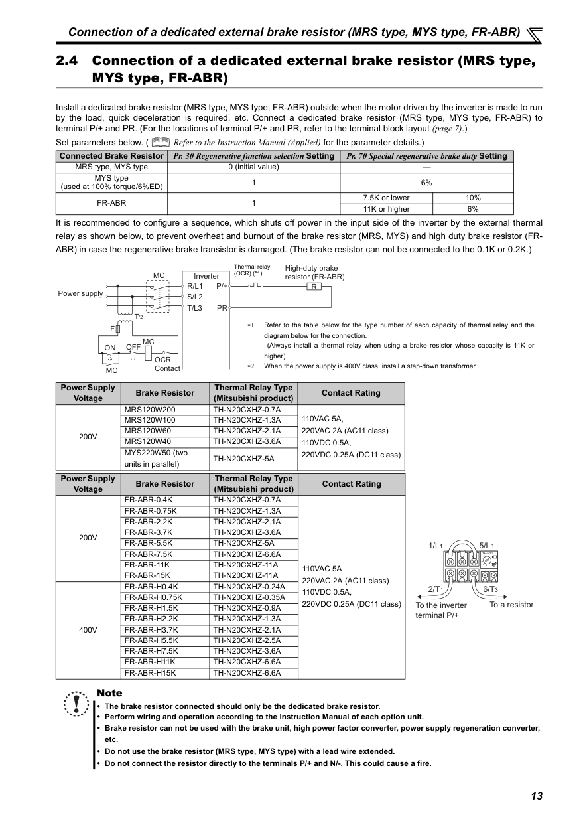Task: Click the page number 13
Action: [537, 796]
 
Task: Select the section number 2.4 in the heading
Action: [67, 61]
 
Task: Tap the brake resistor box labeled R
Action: [314, 287]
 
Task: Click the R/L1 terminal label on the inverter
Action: [195, 286]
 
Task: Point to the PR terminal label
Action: [222, 308]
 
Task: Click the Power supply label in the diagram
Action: [80, 293]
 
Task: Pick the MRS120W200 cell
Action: [150, 410]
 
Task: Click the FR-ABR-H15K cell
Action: [150, 673]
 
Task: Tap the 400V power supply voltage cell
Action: [88, 630]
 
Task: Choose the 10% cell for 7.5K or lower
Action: [473, 198]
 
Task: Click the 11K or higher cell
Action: [386, 209]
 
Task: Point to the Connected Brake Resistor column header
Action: [111, 156]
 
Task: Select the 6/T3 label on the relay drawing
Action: [491, 589]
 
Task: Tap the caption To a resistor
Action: [511, 605]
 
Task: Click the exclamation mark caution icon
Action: [77, 703]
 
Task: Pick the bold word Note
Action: [109, 693]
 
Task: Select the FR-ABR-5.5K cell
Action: [149, 543]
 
